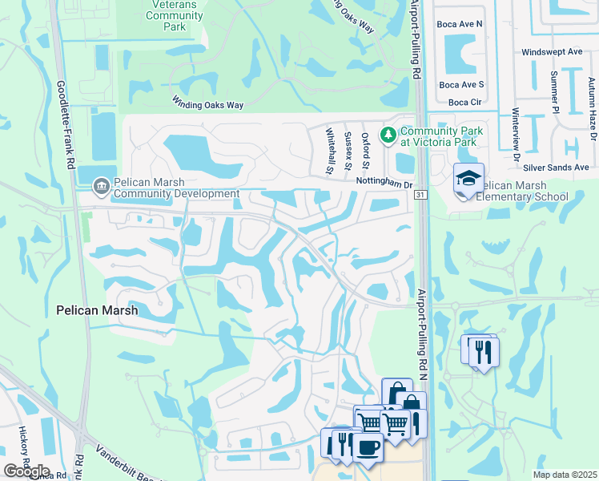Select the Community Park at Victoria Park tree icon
[x=388, y=134]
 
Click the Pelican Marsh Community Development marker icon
[x=101, y=185]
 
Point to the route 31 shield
[x=421, y=195]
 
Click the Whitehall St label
[x=329, y=153]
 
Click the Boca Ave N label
[x=460, y=24]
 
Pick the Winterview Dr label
[x=515, y=128]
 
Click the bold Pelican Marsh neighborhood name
[x=97, y=309]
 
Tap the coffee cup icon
[x=368, y=447]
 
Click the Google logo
[x=26, y=471]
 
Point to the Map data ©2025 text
[x=564, y=475]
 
